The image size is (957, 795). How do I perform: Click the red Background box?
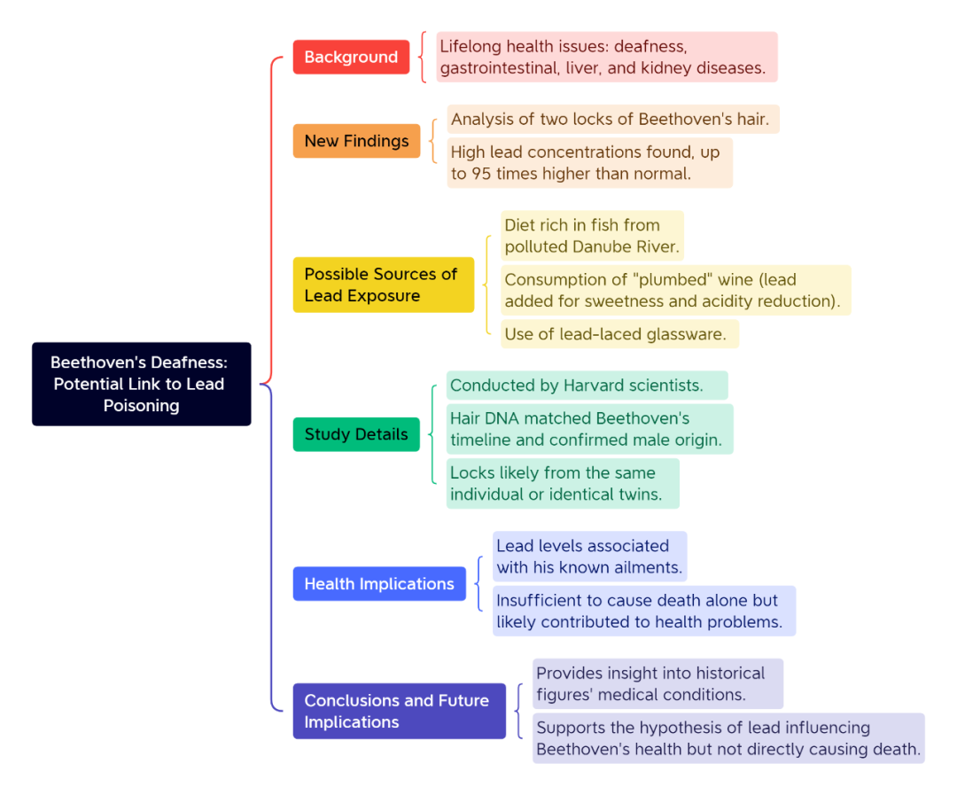click(x=351, y=57)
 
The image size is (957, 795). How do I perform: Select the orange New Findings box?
click(x=356, y=141)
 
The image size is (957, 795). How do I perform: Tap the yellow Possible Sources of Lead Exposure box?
click(x=384, y=284)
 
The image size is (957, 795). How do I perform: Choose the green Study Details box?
click(x=356, y=434)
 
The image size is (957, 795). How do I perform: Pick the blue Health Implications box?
click(x=379, y=584)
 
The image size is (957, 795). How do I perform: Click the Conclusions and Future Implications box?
click(x=399, y=711)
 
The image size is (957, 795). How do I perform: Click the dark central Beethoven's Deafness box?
click(x=142, y=384)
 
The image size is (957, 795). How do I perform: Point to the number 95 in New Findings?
click(x=481, y=174)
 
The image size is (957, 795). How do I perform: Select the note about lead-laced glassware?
click(x=619, y=334)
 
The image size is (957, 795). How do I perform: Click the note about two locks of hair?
click(x=613, y=119)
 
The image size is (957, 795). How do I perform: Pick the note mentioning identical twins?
click(x=563, y=484)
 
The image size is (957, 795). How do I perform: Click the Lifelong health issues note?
click(x=607, y=57)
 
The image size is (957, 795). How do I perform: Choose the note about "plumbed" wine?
click(x=675, y=290)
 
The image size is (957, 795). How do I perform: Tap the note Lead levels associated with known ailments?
click(x=589, y=557)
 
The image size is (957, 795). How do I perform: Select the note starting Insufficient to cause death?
click(x=644, y=611)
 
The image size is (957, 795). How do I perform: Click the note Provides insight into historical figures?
click(x=657, y=684)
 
